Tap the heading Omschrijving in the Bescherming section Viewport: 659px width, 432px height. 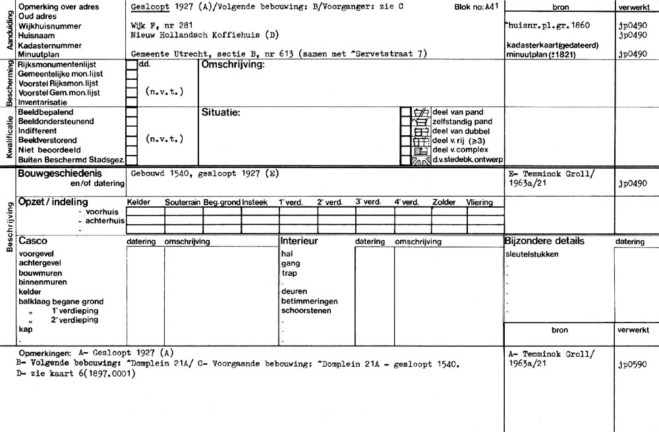coord(232,65)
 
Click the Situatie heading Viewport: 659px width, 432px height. coord(220,113)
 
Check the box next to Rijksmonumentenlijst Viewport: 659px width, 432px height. coord(132,65)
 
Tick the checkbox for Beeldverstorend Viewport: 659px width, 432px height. coord(132,140)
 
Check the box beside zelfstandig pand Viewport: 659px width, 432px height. coord(406,122)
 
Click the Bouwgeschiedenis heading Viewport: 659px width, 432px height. coord(59,173)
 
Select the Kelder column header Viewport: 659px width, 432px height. coord(138,202)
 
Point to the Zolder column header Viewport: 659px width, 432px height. coord(444,202)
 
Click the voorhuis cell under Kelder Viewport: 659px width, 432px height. coord(145,212)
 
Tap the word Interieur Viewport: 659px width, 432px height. coord(299,241)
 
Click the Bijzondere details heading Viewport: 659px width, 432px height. coord(544,241)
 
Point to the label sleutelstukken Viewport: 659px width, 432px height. coord(532,255)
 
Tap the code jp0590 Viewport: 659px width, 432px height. coord(631,363)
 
